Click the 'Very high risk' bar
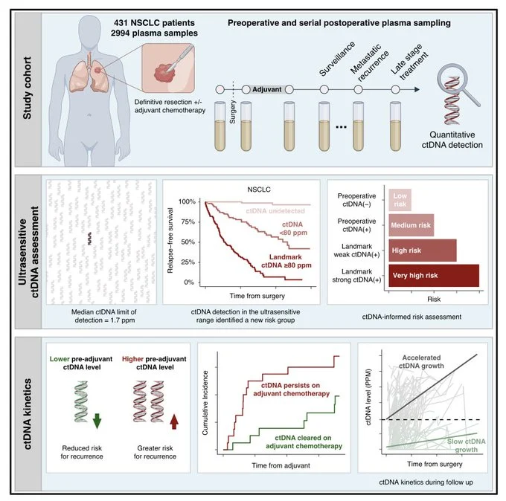435,276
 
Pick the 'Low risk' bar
400,197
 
